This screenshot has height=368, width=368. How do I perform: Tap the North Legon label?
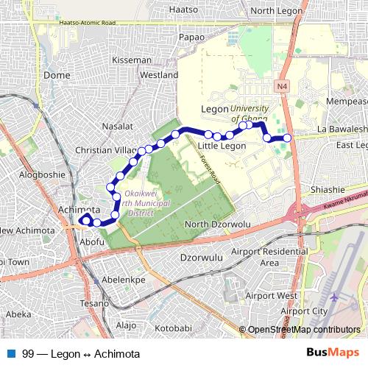272,10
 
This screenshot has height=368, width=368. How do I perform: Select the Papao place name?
191,36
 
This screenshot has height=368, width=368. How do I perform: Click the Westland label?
159,75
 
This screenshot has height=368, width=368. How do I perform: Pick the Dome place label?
57,75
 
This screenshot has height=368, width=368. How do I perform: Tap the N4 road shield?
282,87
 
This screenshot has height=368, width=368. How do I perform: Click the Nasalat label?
118,127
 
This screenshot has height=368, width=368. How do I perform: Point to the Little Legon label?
222,146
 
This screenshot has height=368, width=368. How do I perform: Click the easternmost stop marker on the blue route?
287,138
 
